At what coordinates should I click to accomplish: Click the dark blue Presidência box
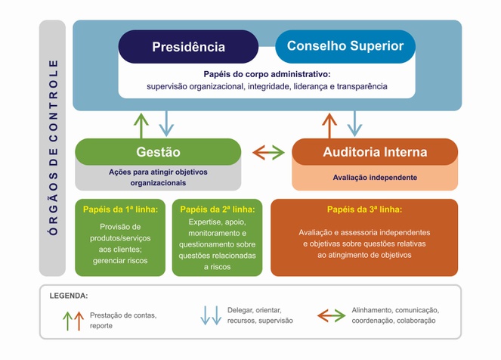(x=188, y=47)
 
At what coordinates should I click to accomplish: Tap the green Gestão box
(x=158, y=152)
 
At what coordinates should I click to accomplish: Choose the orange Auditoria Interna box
(x=375, y=152)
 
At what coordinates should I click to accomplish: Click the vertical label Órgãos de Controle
(x=53, y=148)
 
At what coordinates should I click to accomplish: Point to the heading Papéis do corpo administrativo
(x=267, y=74)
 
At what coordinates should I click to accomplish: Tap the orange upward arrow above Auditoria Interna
(x=329, y=123)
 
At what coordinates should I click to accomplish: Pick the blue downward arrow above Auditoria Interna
(x=354, y=122)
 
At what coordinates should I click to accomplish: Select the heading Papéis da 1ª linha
(x=120, y=209)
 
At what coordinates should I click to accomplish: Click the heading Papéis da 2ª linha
(x=218, y=209)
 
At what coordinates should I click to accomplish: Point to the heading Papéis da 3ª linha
(x=364, y=209)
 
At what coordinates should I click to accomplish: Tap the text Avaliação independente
(x=375, y=178)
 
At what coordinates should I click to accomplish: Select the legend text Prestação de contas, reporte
(x=123, y=320)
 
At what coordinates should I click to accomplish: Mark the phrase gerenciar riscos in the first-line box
(x=120, y=260)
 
